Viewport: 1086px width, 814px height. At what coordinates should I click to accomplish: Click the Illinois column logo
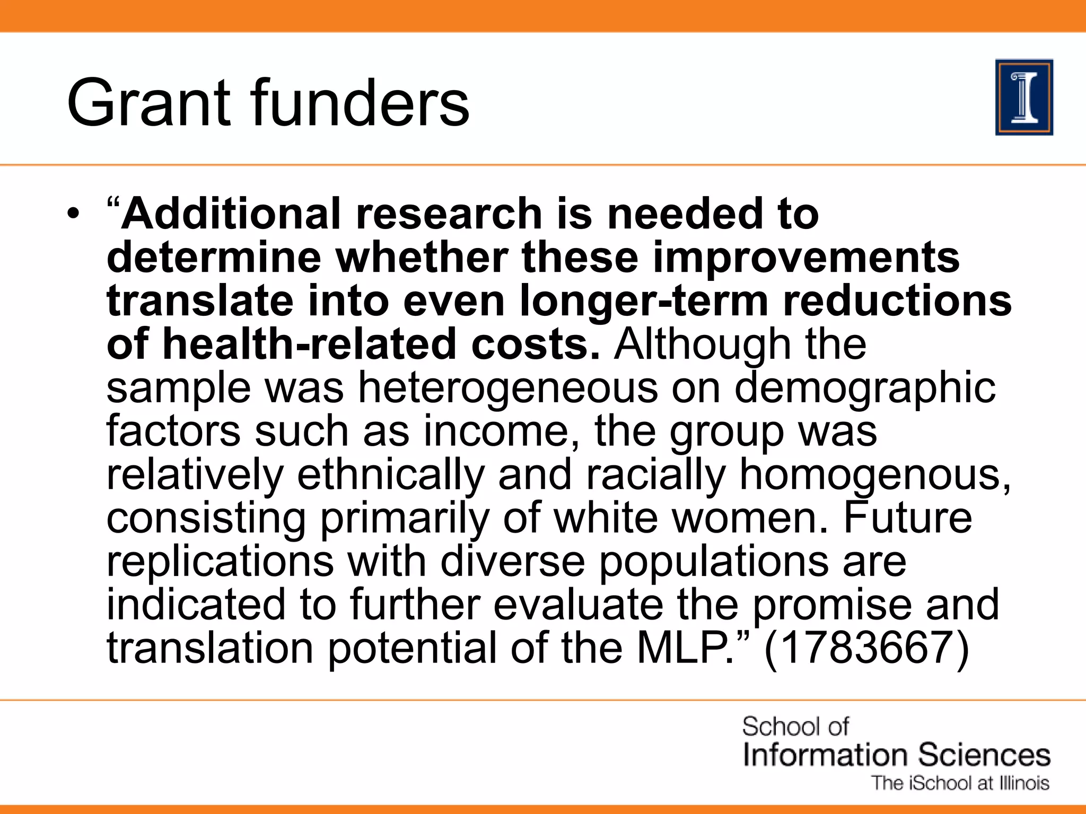pyautogui.click(x=1024, y=98)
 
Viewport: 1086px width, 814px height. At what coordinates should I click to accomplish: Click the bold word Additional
pyautogui.click(x=231, y=214)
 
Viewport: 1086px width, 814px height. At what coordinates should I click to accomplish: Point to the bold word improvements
pyautogui.click(x=806, y=259)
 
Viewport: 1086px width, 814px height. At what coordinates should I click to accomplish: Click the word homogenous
pyautogui.click(x=875, y=475)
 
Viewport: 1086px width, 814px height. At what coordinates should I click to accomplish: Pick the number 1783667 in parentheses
pyautogui.click(x=866, y=648)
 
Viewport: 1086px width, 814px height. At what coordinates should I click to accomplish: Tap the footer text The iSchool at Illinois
pyautogui.click(x=960, y=783)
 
